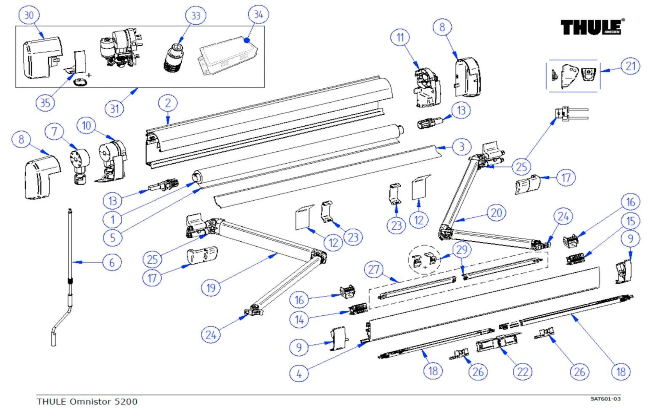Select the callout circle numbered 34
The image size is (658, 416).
(258, 14)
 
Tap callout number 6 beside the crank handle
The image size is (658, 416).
(112, 263)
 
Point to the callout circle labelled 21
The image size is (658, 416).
(630, 66)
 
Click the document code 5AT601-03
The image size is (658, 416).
(605, 399)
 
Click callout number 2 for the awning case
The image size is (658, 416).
(168, 103)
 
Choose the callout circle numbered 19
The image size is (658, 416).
(211, 288)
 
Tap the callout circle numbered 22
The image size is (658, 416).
(523, 372)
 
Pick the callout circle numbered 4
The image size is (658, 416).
(299, 374)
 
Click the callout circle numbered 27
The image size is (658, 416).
(374, 269)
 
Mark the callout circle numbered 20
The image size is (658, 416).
(496, 213)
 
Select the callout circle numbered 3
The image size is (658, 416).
(461, 147)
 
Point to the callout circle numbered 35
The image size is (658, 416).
(45, 103)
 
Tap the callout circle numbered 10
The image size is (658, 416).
(86, 126)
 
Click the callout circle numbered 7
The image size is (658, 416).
(54, 131)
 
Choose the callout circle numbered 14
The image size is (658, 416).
(299, 320)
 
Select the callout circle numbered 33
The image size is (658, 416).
(195, 15)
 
